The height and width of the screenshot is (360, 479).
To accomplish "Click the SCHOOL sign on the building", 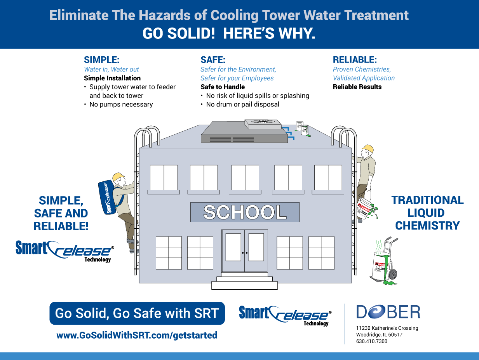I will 245,212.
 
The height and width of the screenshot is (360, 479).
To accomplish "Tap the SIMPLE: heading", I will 101,60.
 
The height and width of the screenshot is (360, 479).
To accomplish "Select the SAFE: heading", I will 213,60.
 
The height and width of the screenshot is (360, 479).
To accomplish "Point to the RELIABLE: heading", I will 355,60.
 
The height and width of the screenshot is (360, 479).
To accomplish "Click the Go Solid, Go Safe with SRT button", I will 137,313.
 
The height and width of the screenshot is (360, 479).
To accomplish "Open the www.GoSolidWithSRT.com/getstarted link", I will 137,335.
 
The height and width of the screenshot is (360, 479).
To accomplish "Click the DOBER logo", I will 388,312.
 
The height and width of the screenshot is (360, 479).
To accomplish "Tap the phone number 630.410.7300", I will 371,341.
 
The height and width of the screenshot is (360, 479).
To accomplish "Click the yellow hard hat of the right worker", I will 368,149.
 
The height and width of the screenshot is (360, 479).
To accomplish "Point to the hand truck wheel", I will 392,274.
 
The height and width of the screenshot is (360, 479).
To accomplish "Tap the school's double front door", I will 245,251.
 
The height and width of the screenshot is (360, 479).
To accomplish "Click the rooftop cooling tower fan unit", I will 263,124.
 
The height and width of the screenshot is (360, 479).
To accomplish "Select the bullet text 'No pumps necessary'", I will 121,104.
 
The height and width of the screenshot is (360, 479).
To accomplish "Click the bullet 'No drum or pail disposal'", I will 242,104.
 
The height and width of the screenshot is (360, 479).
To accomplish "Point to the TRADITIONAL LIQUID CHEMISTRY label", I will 427,213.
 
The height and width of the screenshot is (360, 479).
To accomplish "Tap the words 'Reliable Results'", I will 357,87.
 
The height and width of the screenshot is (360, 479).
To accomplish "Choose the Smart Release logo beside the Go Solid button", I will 286,315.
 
